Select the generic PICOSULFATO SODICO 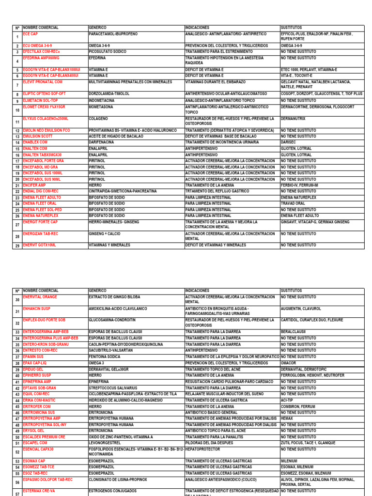pos(108,51)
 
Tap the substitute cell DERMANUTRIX pos(294,118)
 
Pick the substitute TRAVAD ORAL pos(293,203)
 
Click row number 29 pos(17,246)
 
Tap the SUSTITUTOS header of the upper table pos(291,28)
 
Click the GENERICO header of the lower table pos(97,291)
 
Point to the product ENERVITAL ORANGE pos(40,297)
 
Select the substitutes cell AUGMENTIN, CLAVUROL pos(301,309)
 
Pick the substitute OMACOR pos(289,363)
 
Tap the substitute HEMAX pos(287,418)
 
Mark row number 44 pos(17,401)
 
